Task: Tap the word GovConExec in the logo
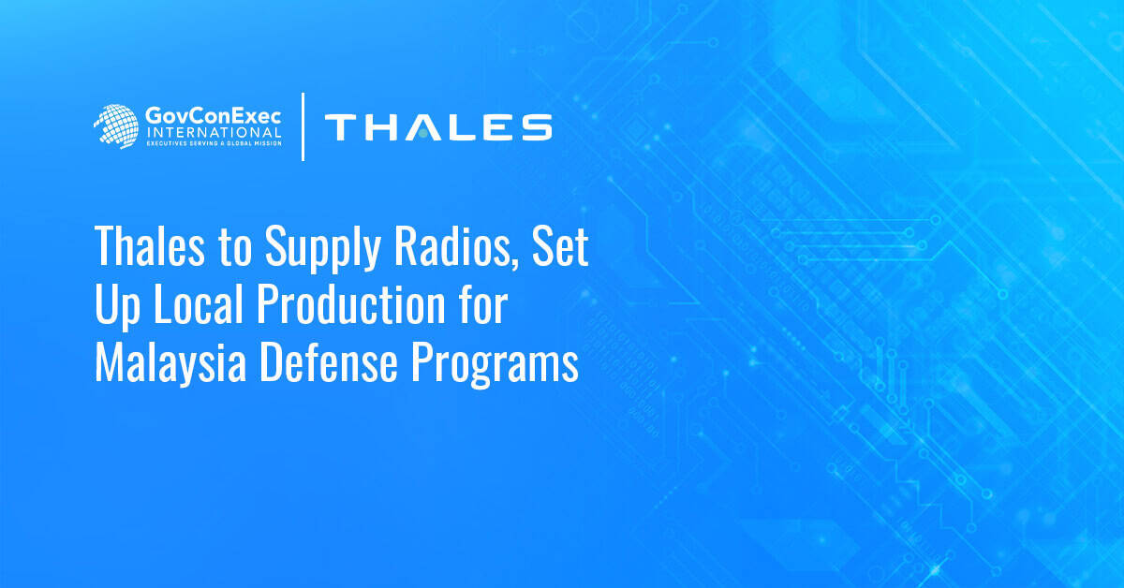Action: click(x=213, y=117)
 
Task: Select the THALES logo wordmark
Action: click(x=437, y=127)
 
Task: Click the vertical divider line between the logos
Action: click(x=303, y=127)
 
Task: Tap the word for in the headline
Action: click(x=483, y=308)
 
